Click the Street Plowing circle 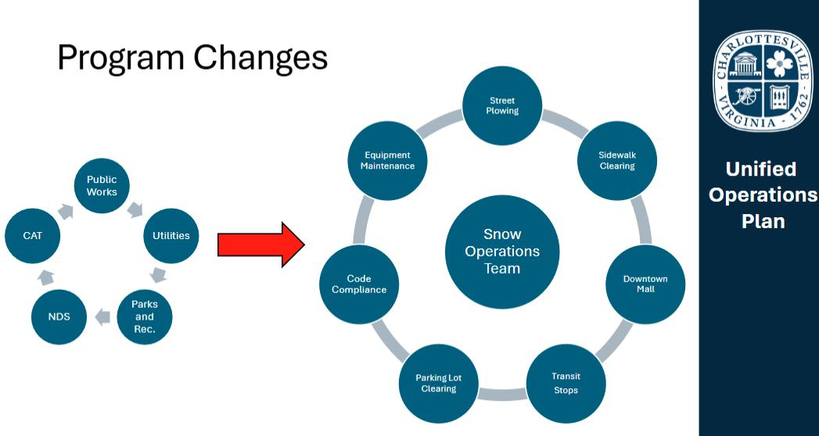pyautogui.click(x=502, y=106)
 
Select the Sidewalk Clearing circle pyautogui.click(x=617, y=161)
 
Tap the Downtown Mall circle pyautogui.click(x=645, y=284)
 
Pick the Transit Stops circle pyautogui.click(x=566, y=383)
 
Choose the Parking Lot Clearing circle pyautogui.click(x=438, y=383)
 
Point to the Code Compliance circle pyautogui.click(x=359, y=284)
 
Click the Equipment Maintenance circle pyautogui.click(x=389, y=161)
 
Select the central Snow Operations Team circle pyautogui.click(x=502, y=252)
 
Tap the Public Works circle pyautogui.click(x=102, y=186)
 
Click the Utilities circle pyautogui.click(x=171, y=235)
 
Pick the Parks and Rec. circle pyautogui.click(x=145, y=316)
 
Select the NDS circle pyautogui.click(x=59, y=316)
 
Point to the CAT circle pyautogui.click(x=33, y=235)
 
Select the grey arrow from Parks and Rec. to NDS pyautogui.click(x=102, y=317)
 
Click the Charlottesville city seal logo pyautogui.click(x=759, y=80)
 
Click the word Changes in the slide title pyautogui.click(x=261, y=58)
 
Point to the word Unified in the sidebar pyautogui.click(x=760, y=169)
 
